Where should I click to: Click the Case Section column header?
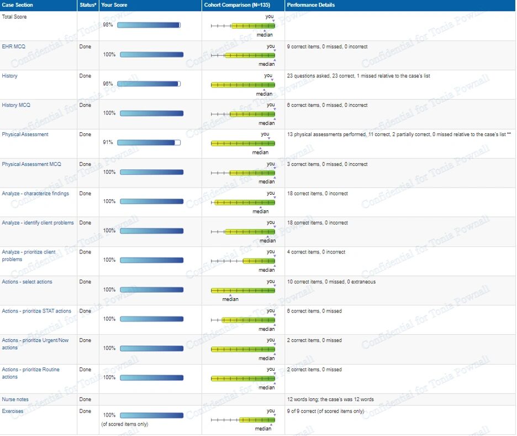17,5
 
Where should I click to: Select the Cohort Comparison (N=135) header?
237,5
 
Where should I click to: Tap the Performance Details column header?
310,5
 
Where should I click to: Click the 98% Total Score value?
108,25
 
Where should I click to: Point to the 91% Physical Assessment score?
108,142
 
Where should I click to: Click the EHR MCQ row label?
13,46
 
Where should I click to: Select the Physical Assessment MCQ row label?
31,164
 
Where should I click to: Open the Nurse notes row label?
15,399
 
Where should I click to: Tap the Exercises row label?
13,411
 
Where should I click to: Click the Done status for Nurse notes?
85,399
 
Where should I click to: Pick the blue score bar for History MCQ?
152,113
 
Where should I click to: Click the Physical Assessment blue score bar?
149,142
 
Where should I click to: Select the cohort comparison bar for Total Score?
243,26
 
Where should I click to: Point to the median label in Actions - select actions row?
230,299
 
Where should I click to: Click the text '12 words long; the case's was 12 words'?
330,399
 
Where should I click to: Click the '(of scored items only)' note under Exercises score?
125,424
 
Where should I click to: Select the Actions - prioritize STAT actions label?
36,311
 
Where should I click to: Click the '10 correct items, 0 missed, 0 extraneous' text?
331,282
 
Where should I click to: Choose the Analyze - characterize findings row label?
35,194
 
